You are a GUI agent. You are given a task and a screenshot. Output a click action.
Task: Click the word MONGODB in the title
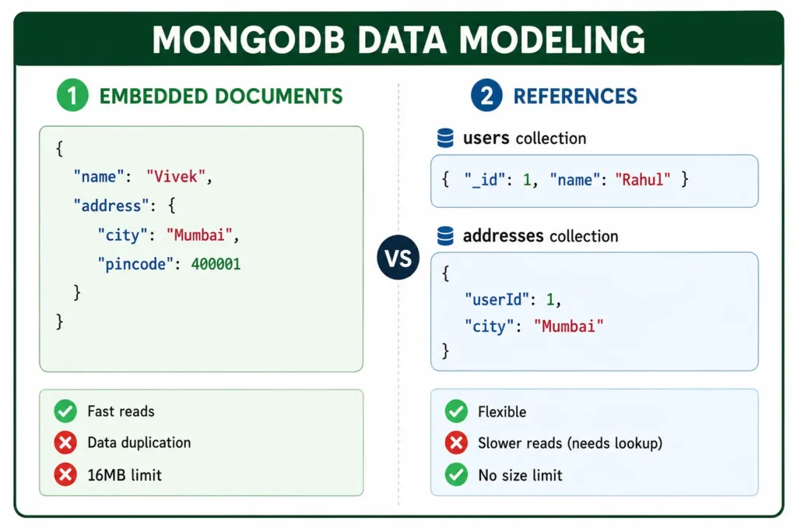pos(248,40)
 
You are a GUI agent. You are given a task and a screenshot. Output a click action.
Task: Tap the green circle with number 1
pos(72,95)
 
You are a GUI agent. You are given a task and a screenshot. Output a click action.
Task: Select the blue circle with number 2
pos(486,95)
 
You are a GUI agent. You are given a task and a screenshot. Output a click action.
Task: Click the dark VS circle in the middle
pos(398,257)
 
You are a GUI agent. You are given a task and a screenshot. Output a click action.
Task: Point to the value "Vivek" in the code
pos(176,177)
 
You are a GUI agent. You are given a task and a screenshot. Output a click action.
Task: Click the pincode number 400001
pos(216,264)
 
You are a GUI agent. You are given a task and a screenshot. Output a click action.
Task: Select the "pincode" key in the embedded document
pos(135,265)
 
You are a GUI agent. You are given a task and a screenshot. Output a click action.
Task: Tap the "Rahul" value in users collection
pos(642,179)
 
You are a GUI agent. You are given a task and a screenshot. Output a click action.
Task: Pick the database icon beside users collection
pos(445,138)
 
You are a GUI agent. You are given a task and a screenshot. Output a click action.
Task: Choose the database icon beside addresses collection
pos(445,235)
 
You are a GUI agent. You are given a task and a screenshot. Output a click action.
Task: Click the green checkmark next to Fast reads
pos(65,411)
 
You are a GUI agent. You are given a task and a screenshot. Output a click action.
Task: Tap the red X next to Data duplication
pos(65,442)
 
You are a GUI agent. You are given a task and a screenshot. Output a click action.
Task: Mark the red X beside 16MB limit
pos(65,474)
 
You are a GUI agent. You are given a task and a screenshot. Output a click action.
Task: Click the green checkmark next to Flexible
pos(456,411)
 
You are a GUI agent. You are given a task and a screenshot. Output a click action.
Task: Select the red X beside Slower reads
pos(456,442)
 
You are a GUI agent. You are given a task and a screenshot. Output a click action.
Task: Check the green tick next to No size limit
pos(456,474)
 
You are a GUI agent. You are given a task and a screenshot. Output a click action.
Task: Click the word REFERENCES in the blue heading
pos(575,96)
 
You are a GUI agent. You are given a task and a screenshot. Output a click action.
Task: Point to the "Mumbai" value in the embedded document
pos(199,235)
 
